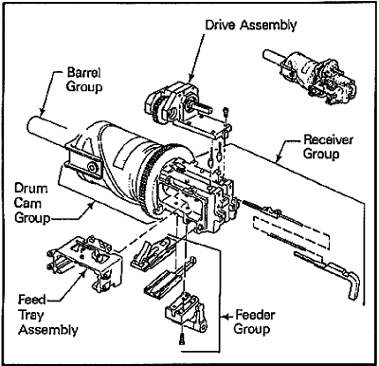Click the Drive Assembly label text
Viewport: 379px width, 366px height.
point(251,26)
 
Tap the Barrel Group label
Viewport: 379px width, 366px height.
point(84,80)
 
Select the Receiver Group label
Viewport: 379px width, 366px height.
point(326,147)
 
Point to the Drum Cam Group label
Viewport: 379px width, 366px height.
point(32,204)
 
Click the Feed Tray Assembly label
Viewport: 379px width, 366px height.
point(48,315)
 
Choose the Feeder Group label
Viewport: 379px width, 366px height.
point(254,321)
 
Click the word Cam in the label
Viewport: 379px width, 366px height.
point(27,203)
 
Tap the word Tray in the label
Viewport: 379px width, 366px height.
point(31,315)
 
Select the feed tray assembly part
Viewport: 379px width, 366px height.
point(85,261)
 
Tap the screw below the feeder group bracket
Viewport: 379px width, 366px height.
point(181,339)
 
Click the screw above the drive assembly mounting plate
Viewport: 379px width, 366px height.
point(226,112)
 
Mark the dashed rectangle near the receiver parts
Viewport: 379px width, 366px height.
point(291,233)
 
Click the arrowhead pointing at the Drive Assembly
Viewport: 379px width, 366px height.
point(190,78)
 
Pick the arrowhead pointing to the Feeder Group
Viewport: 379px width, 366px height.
point(225,317)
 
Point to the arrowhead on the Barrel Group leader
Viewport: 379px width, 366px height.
point(42,111)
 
